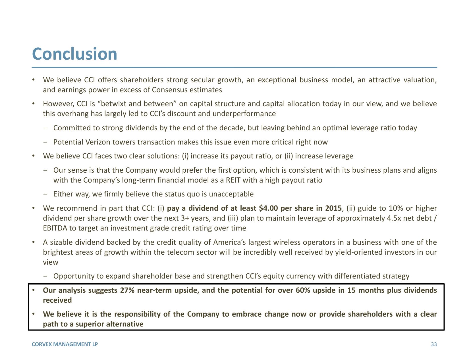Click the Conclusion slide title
coord(74,54)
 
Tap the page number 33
coord(434,344)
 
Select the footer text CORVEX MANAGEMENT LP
coord(65,344)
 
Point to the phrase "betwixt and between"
coord(139,104)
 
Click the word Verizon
coord(97,142)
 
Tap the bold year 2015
coord(333,208)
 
